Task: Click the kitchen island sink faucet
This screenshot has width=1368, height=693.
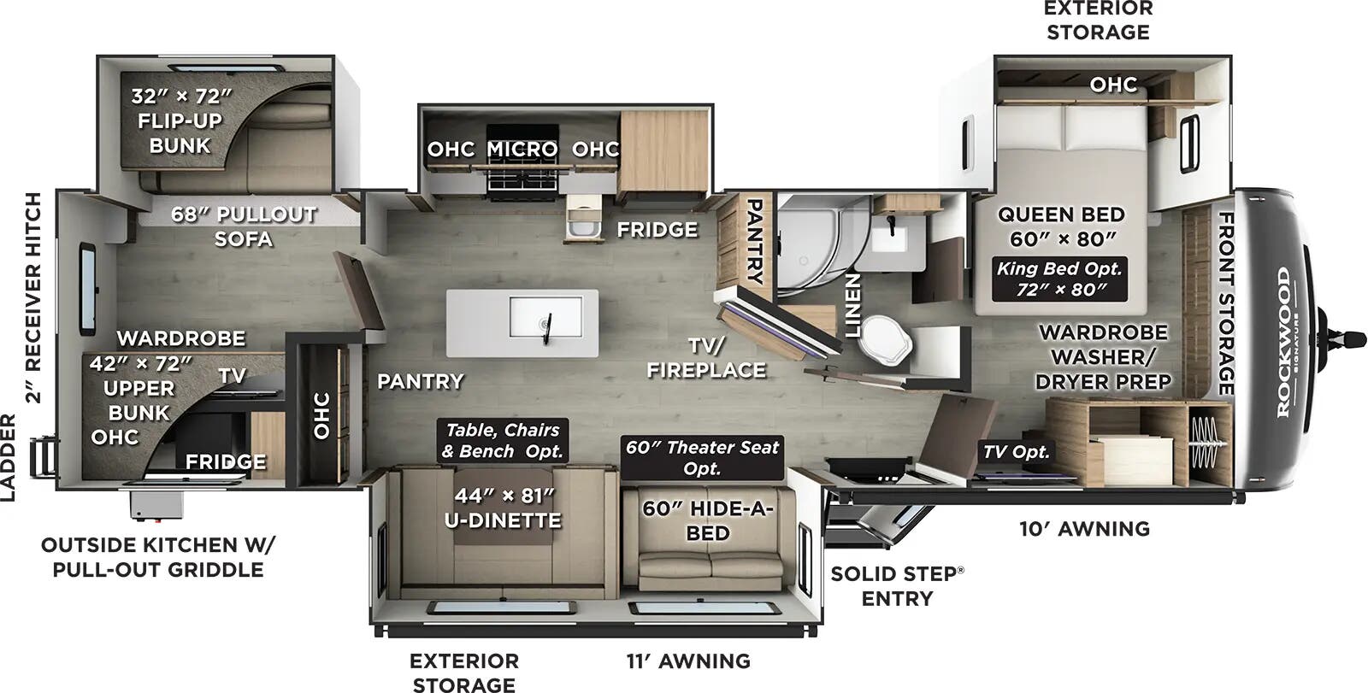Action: [548, 326]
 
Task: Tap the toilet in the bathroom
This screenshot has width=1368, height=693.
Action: [885, 338]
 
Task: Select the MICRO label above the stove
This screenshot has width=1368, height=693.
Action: [522, 149]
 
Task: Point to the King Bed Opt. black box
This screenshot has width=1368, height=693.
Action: [1059, 279]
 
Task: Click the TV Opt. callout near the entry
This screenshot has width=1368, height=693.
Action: [1015, 452]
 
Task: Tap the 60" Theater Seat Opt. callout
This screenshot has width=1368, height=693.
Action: [702, 457]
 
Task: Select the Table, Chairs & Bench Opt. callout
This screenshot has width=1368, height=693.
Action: [502, 440]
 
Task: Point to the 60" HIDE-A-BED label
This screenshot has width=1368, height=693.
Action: [708, 520]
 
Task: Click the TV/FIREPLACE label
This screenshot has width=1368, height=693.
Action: [705, 357]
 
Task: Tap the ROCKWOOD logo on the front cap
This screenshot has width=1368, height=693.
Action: [1284, 342]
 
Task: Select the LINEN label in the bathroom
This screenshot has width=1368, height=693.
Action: [852, 305]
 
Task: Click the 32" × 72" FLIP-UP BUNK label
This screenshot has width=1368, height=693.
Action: [181, 120]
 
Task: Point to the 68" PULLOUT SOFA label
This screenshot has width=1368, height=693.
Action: [244, 226]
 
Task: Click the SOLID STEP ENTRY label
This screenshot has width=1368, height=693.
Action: [896, 585]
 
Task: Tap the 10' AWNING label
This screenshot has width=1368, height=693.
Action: [1083, 529]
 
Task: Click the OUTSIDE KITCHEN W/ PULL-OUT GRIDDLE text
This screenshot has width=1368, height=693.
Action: [158, 557]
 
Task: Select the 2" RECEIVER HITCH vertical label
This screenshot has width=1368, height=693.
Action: [33, 297]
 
